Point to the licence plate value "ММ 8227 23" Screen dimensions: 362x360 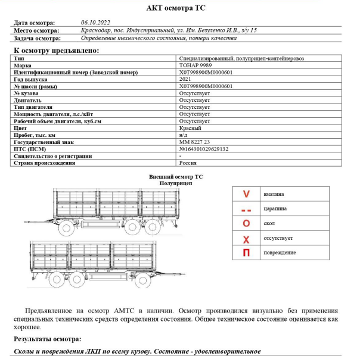coord(194,142)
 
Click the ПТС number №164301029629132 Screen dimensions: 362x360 coord(204,149)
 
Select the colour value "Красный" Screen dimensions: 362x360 coord(190,128)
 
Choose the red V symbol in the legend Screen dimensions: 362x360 coord(246,194)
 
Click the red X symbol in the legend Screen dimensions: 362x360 coord(246,238)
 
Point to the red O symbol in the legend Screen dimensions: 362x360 coord(246,223)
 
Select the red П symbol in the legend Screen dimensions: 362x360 coord(246,252)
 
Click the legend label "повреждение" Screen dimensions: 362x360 coord(279,252)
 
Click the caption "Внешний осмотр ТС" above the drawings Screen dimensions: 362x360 coord(176,177)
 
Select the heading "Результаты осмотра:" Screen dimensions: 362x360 coord(47,339)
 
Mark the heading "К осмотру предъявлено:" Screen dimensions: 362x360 coord(52,51)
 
